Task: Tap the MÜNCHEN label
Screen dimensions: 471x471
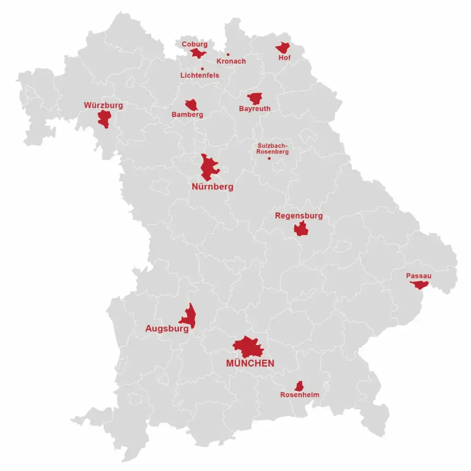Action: (x=250, y=363)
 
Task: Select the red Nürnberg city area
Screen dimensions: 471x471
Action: (x=209, y=168)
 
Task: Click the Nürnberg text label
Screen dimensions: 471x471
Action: (x=212, y=187)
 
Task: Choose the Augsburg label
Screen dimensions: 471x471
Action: (x=167, y=329)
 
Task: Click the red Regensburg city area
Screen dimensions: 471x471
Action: (x=301, y=229)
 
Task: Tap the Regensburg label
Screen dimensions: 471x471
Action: (x=299, y=216)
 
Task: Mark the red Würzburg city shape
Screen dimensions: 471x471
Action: (x=104, y=119)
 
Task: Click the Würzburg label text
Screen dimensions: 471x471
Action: (x=103, y=105)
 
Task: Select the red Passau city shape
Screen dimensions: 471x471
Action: (x=419, y=285)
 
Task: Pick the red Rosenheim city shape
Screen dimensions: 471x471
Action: (x=299, y=386)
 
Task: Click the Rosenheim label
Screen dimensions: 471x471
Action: (x=299, y=395)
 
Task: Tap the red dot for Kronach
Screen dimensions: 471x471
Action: (x=228, y=54)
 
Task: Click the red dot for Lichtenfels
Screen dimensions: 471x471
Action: (x=202, y=69)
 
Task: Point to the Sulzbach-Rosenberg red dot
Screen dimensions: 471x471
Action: (x=269, y=159)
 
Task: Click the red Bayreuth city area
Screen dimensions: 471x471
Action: (x=255, y=98)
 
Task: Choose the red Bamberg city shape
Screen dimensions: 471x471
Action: (x=191, y=105)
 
